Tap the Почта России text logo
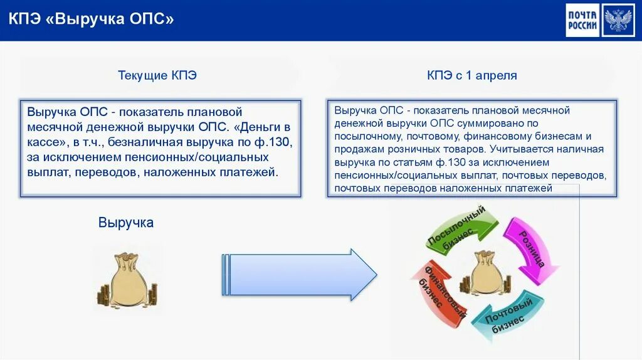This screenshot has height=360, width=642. click(x=582, y=20)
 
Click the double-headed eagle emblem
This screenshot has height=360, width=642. click(x=619, y=20)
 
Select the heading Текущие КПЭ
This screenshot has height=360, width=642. click(x=157, y=76)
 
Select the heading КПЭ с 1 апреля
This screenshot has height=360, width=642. click(x=472, y=76)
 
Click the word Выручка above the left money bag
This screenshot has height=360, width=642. click(x=126, y=223)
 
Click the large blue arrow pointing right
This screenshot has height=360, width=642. click(x=299, y=275)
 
